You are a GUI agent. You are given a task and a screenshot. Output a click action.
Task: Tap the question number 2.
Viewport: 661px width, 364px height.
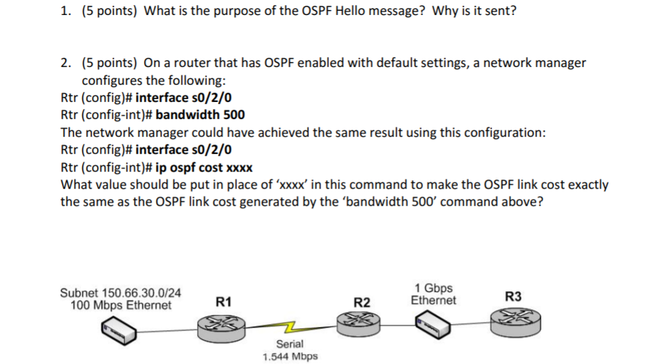(65, 63)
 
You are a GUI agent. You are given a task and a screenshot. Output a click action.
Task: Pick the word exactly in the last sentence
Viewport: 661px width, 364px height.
(584, 184)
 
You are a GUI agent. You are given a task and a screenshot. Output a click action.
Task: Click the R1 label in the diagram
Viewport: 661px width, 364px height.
(224, 302)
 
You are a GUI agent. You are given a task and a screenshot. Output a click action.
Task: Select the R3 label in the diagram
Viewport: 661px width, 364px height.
(513, 296)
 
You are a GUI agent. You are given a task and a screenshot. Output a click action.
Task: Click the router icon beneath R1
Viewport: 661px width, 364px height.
(223, 326)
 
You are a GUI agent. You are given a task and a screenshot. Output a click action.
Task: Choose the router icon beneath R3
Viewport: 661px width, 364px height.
(514, 322)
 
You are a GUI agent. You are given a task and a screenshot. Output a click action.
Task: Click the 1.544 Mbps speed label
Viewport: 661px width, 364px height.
(290, 356)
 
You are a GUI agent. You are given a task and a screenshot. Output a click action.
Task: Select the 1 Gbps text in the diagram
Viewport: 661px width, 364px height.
(433, 288)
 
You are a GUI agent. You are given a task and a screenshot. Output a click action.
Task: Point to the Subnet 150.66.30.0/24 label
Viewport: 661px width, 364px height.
(120, 293)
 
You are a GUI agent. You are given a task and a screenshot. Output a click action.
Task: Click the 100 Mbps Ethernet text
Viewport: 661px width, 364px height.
(121, 305)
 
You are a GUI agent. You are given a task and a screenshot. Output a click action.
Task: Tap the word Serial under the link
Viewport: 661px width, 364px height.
(290, 344)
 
